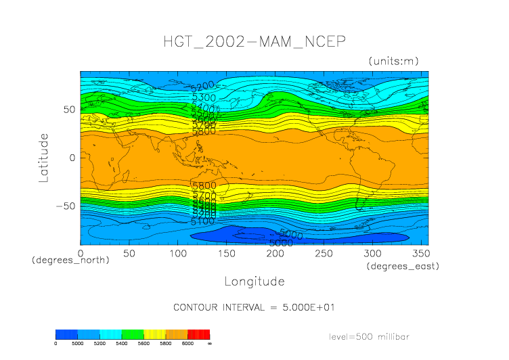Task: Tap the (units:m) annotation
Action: [393, 61]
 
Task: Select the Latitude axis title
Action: [44, 157]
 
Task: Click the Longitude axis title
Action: [255, 281]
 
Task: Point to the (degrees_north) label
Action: [70, 260]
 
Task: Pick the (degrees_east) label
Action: [403, 267]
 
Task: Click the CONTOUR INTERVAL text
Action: [255, 307]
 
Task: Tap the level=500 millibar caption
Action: [370, 336]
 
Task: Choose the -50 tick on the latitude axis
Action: [67, 206]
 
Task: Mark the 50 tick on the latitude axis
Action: [69, 109]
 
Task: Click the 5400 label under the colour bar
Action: [121, 344]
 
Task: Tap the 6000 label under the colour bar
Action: [187, 344]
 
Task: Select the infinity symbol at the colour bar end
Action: [210, 344]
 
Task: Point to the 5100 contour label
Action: [202, 221]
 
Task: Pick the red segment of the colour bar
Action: [198, 334]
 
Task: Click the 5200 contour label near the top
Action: [202, 85]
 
